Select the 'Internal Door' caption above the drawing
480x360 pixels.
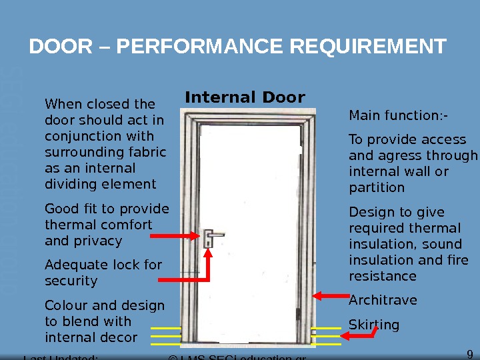[245, 98]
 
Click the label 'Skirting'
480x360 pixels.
[374, 325]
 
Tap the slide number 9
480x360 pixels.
[470, 354]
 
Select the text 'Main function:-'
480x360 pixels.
[398, 116]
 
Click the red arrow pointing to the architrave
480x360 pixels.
[328, 296]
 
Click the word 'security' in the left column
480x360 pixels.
[71, 281]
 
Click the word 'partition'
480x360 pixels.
[377, 188]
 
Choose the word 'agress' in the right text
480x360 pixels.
[392, 156]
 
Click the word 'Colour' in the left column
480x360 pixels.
[66, 306]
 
